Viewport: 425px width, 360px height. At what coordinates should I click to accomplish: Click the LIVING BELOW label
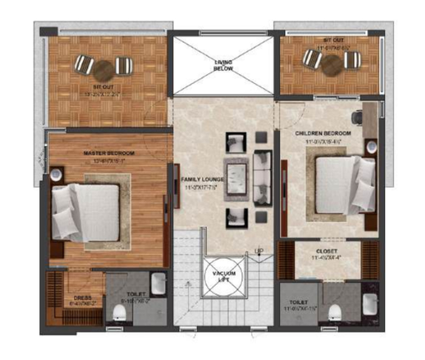pos(224,65)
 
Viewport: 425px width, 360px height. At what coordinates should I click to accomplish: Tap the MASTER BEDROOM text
pos(104,153)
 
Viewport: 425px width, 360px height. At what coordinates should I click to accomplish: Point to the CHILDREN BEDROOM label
pos(321,133)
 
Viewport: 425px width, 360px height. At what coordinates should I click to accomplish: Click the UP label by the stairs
pos(259,250)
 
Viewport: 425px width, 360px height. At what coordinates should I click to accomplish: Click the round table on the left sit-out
pos(104,69)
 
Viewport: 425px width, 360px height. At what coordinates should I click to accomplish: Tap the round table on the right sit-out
pos(331,64)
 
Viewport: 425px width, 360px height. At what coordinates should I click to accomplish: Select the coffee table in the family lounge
pos(236,178)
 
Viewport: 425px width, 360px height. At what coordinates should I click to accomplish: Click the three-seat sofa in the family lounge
pos(263,178)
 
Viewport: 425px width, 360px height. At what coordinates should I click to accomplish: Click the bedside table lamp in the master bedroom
pos(56,175)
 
